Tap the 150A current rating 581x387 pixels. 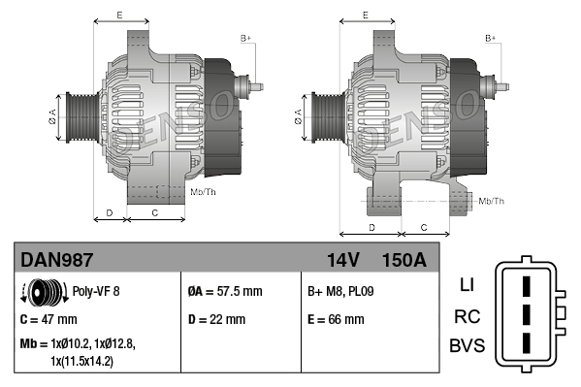404,260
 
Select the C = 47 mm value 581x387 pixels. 48,318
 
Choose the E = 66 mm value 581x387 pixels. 336,318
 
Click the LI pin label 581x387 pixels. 466,285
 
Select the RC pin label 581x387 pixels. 466,316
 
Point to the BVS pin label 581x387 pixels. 466,346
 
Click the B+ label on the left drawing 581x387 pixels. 246,38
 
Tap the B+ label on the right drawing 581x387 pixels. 491,38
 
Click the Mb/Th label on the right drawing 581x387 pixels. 493,201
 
